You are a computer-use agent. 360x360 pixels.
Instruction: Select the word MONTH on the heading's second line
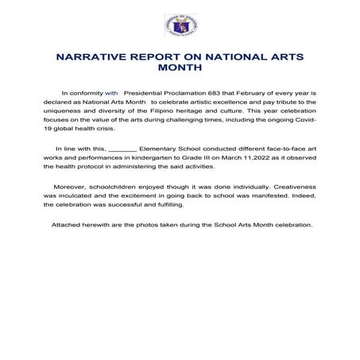tap(181, 69)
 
